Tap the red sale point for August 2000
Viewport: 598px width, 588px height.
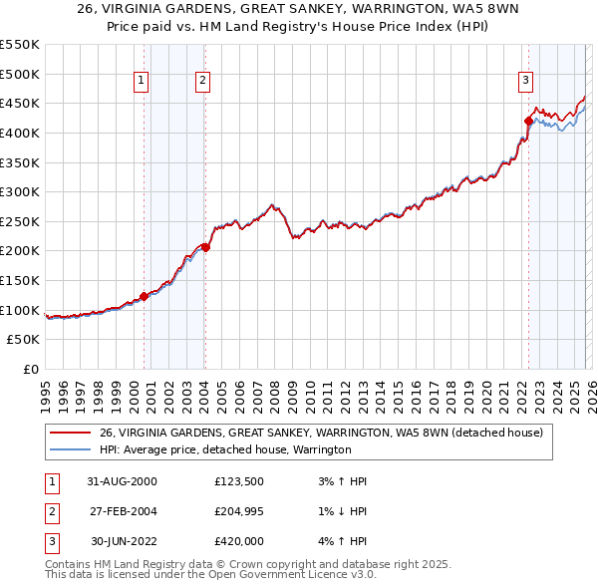(x=144, y=295)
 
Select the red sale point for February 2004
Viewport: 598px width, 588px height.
(x=205, y=247)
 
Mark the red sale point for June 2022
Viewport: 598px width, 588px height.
(x=528, y=121)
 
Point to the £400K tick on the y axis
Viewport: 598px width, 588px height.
(x=22, y=133)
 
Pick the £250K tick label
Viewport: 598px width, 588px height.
(x=22, y=221)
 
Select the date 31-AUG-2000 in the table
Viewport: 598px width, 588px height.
(x=122, y=481)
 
